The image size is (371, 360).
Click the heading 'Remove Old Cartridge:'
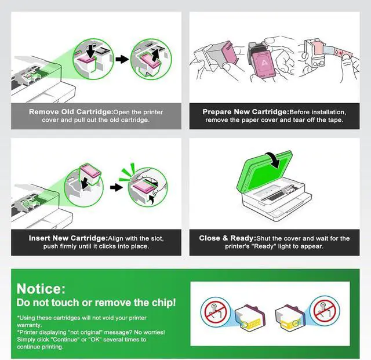click(x=71, y=112)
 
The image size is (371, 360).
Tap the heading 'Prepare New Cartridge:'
click(x=246, y=112)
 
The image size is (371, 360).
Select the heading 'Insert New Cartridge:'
click(x=68, y=238)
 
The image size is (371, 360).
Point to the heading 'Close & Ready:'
click(x=228, y=238)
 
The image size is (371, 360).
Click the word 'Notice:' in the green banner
click(x=41, y=289)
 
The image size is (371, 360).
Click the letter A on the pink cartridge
click(x=264, y=63)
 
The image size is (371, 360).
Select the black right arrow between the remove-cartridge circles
click(x=122, y=59)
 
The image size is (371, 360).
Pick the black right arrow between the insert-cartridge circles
click(x=117, y=188)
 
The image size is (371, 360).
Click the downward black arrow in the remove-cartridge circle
click(x=90, y=51)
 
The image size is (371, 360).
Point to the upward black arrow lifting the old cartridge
click(x=155, y=54)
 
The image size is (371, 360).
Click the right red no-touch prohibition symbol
click(x=325, y=311)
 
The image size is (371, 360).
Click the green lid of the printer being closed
click(x=264, y=170)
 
